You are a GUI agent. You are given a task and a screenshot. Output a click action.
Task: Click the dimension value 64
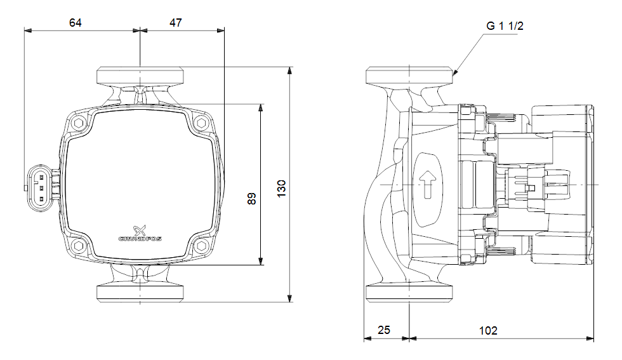pyautogui.click(x=76, y=23)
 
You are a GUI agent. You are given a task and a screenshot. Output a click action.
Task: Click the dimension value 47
pyautogui.click(x=176, y=23)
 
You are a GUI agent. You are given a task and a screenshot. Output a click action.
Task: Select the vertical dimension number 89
pyautogui.click(x=251, y=198)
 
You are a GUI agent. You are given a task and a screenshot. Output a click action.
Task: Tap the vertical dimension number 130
pyautogui.click(x=282, y=188)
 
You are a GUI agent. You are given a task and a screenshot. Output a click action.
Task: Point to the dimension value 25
pyautogui.click(x=385, y=330)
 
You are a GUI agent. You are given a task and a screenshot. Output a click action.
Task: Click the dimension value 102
pyautogui.click(x=488, y=330)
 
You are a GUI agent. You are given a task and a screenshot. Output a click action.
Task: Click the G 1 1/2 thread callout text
pyautogui.click(x=505, y=26)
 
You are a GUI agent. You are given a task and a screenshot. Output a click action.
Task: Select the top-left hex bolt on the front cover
pyautogui.click(x=79, y=123)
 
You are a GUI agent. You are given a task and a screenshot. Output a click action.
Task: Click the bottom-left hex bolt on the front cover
pyautogui.click(x=79, y=246)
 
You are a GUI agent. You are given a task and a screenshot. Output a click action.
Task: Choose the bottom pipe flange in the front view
pyautogui.click(x=140, y=293)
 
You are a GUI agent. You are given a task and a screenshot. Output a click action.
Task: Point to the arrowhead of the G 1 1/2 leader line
pyautogui.click(x=455, y=74)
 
